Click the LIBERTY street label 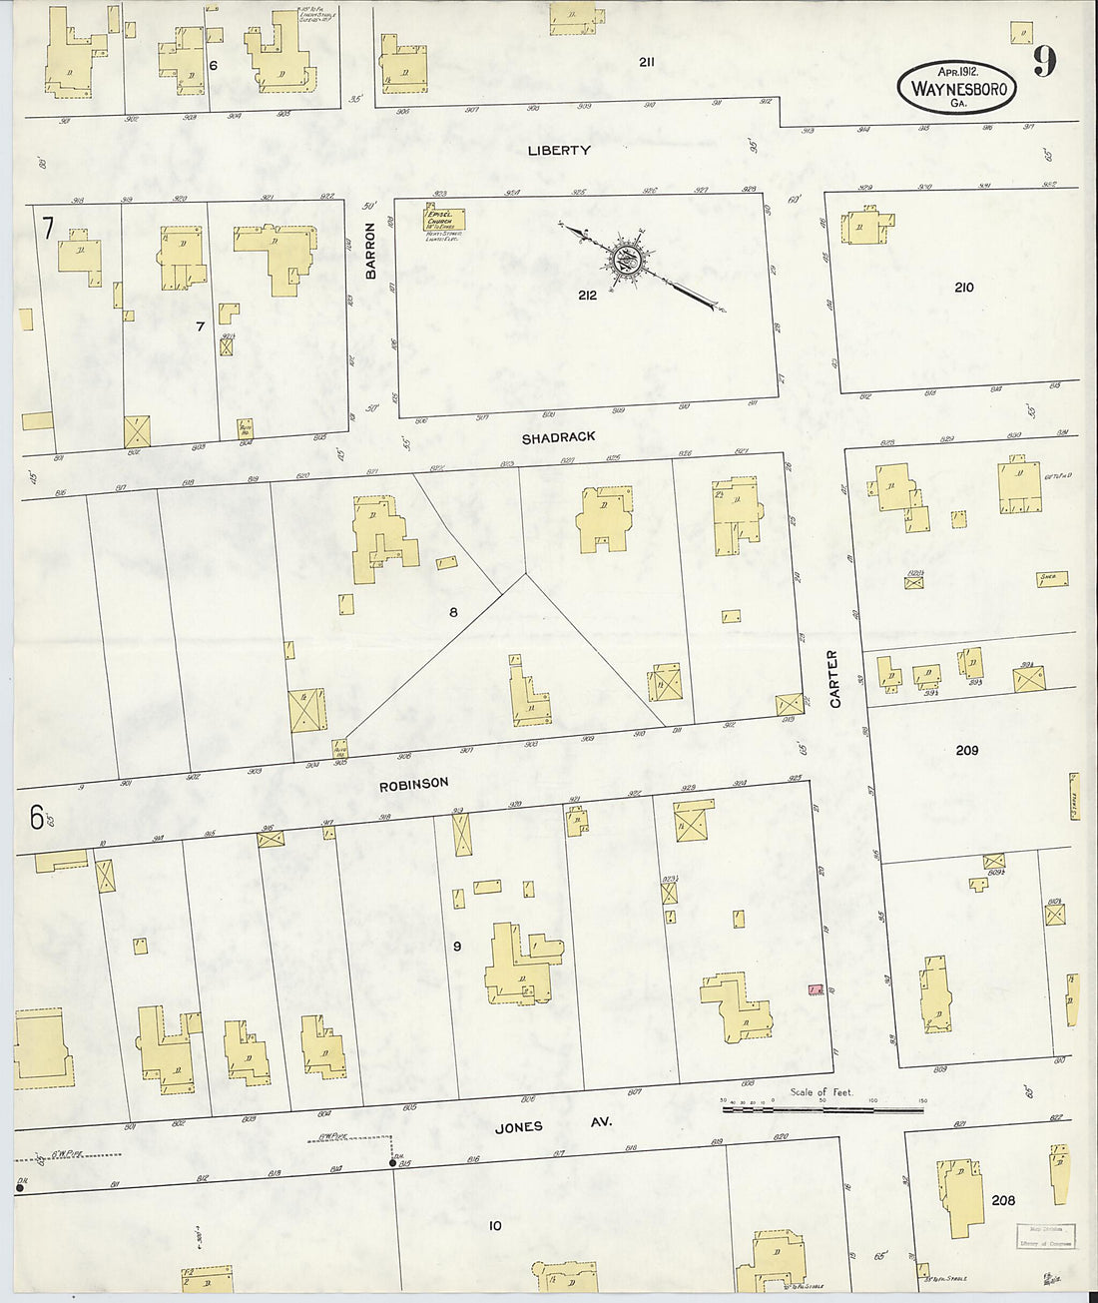click(x=559, y=151)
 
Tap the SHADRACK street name click(x=558, y=437)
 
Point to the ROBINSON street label click(x=413, y=784)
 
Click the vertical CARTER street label click(x=834, y=679)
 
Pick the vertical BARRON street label click(x=370, y=250)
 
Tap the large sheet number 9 click(x=1043, y=63)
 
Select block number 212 click(x=586, y=296)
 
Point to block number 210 click(x=963, y=288)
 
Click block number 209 click(x=966, y=751)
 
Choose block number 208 click(x=1003, y=1199)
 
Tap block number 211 click(x=647, y=62)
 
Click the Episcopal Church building click(x=443, y=219)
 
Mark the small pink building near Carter click(x=816, y=989)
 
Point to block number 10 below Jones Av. click(x=495, y=1225)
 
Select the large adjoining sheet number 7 click(x=47, y=229)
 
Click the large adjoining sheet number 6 click(x=37, y=818)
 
